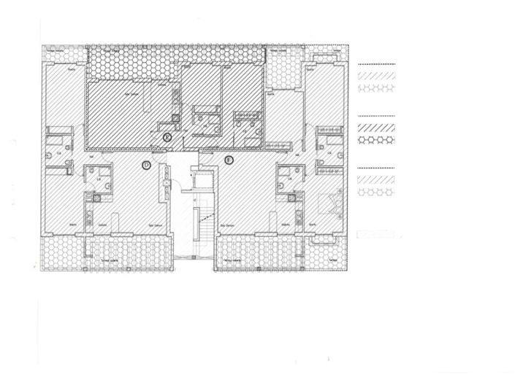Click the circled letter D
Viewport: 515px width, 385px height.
pyautogui.click(x=146, y=166)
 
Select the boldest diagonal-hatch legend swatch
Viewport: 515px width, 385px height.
pyautogui.click(x=376, y=125)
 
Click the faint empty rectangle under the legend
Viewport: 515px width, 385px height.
pyautogui.click(x=376, y=235)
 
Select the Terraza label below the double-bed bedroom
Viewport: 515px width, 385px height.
pyautogui.click(x=333, y=260)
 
